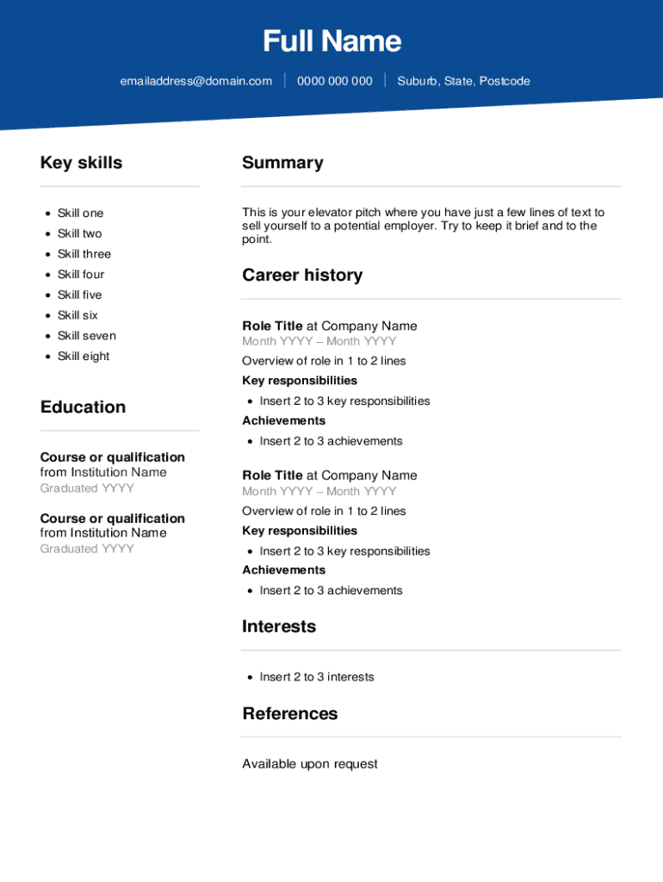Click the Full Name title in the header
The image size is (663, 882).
tap(331, 41)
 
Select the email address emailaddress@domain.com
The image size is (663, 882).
tap(195, 81)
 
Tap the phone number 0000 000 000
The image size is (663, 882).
tap(334, 81)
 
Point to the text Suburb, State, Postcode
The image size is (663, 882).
tap(463, 81)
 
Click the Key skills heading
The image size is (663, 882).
tap(81, 163)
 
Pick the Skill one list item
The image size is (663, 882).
tap(80, 213)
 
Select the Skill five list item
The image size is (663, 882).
tap(79, 295)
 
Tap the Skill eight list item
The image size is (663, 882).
tap(84, 356)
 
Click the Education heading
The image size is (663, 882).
tap(83, 407)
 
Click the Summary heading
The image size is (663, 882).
tap(282, 163)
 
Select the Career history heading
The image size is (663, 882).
tap(302, 275)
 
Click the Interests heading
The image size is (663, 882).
tap(279, 626)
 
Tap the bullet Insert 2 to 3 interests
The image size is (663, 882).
tap(317, 677)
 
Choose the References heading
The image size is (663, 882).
tap(290, 713)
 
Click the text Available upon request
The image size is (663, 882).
tap(310, 764)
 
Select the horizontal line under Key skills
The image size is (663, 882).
tap(120, 186)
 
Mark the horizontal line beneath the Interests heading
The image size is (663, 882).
tap(431, 650)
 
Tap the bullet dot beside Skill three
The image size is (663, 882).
tap(47, 254)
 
